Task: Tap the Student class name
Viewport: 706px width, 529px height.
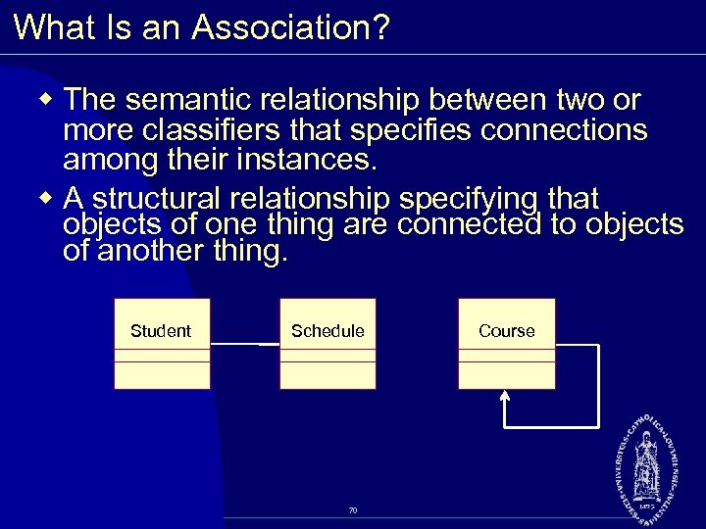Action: point(161,331)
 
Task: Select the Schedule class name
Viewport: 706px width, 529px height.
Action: point(328,331)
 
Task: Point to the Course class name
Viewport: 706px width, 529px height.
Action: point(507,331)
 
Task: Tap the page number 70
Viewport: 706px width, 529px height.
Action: point(353,509)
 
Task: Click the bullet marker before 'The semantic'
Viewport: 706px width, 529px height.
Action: point(49,102)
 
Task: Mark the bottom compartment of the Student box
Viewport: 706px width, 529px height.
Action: point(162,377)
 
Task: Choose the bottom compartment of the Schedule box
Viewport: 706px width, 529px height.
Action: point(328,377)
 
